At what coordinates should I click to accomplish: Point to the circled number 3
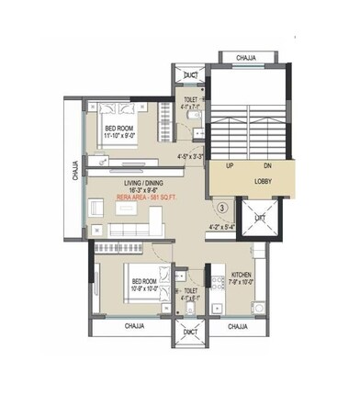pyautogui.click(x=220, y=208)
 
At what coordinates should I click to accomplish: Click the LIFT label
pyautogui.click(x=260, y=219)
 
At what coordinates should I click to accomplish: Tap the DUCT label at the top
pyautogui.click(x=191, y=75)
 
